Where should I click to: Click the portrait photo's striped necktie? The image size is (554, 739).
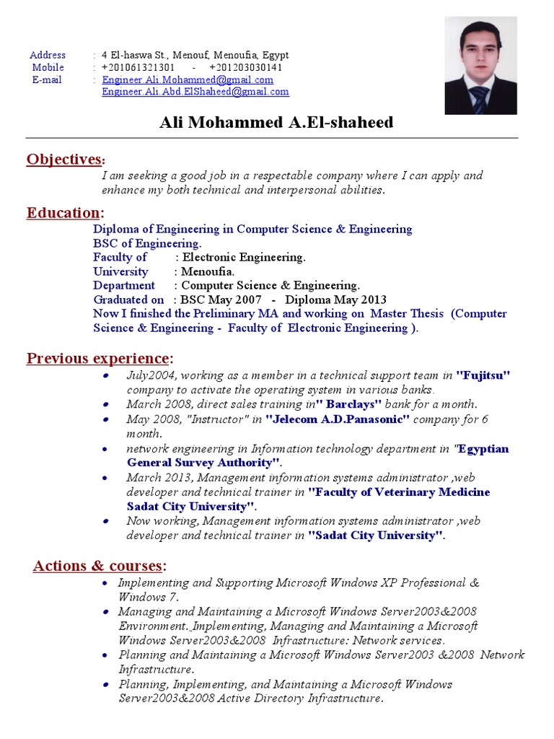[480, 100]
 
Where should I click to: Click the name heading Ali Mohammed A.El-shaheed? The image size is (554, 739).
[276, 123]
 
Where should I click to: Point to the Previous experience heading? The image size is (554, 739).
[100, 359]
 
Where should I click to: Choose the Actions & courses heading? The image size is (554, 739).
[100, 566]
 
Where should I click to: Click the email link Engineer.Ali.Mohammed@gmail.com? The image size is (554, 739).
[188, 80]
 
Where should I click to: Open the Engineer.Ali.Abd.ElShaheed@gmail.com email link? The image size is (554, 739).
[195, 92]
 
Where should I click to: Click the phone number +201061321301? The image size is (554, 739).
[138, 67]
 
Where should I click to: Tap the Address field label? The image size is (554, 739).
[48, 55]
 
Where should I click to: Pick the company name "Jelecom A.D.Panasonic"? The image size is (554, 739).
[338, 419]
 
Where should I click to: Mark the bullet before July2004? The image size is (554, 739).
[107, 376]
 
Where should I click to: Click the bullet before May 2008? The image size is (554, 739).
[107, 419]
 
